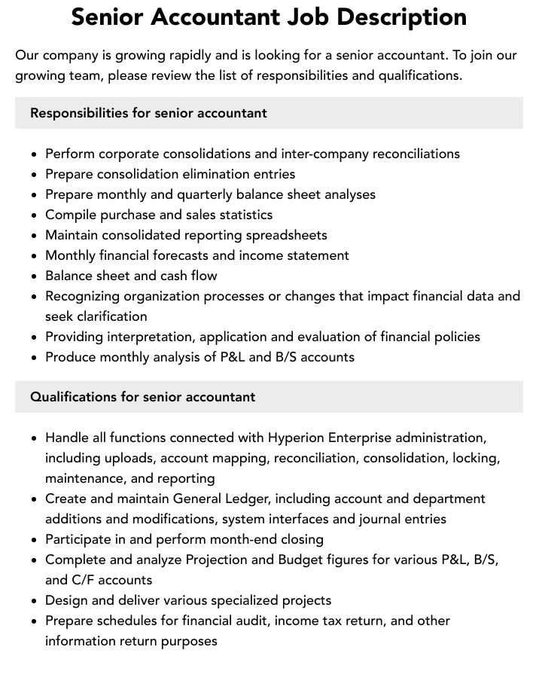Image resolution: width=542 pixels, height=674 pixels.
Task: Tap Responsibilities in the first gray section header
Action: coord(79,113)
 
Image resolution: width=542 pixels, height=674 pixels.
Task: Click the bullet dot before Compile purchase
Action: coord(35,215)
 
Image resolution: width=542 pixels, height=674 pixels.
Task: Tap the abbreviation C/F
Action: coord(86,580)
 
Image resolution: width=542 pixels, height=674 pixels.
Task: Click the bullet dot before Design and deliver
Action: coord(35,601)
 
